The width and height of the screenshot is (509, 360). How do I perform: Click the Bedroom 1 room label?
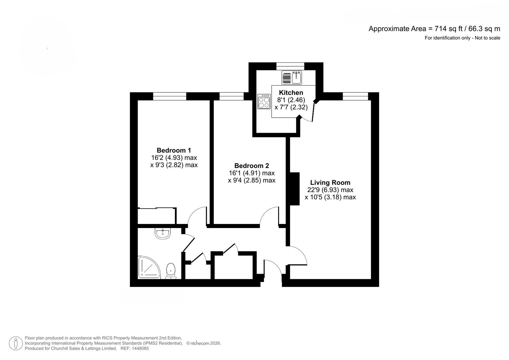tap(174, 150)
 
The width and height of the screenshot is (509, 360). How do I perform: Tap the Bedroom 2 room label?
tap(251, 166)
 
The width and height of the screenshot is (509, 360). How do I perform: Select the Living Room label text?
tap(330, 182)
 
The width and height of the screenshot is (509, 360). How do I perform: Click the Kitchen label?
tap(291, 93)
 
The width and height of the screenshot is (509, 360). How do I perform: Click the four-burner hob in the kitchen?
tap(264, 102)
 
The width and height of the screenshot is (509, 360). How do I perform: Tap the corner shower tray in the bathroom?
tap(148, 268)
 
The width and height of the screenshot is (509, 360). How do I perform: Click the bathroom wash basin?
tap(163, 233)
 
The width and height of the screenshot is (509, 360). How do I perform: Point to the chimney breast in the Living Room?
tap(294, 189)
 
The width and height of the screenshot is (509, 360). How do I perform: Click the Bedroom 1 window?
tap(170, 96)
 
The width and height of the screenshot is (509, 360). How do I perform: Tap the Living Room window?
tap(355, 96)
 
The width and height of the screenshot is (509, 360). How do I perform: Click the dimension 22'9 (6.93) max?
tap(330, 190)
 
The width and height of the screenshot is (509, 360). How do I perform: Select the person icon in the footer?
tap(15, 343)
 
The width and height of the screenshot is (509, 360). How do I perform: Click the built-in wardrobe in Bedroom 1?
tap(157, 216)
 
